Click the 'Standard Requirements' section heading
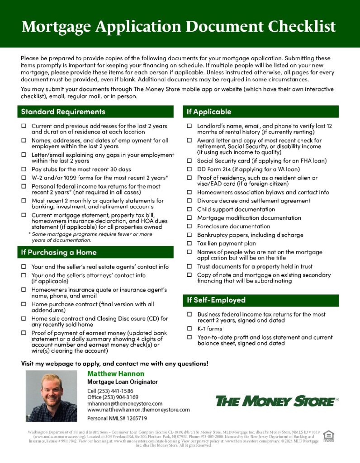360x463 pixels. (x=63, y=112)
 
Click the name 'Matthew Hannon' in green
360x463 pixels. (x=116, y=374)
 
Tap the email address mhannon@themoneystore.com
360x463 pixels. (x=125, y=403)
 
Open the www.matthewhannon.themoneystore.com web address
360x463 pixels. (x=138, y=410)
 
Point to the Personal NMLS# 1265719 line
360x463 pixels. (x=117, y=419)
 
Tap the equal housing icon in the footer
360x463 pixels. (x=328, y=436)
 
